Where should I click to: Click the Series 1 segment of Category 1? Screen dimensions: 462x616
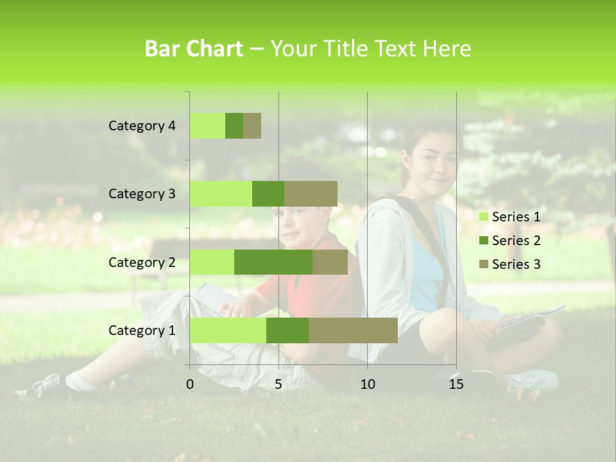[228, 330]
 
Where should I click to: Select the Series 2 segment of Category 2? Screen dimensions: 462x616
[273, 262]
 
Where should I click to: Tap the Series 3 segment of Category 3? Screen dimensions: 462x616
[311, 194]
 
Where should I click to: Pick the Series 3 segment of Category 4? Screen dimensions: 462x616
[252, 126]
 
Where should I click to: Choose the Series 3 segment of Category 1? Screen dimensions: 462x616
[353, 330]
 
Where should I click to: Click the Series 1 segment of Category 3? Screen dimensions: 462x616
[221, 194]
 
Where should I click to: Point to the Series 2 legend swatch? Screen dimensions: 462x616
[483, 241]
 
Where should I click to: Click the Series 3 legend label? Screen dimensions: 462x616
[516, 264]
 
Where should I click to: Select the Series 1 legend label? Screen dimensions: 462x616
[516, 217]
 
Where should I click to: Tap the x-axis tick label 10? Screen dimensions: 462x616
[367, 384]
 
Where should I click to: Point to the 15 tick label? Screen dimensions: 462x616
[456, 384]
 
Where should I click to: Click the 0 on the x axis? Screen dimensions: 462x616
[190, 384]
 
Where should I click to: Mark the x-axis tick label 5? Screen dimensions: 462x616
[278, 384]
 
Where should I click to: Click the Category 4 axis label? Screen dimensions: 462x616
[142, 126]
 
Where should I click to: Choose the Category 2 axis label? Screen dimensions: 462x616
[142, 262]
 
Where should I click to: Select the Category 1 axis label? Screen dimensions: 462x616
[142, 330]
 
